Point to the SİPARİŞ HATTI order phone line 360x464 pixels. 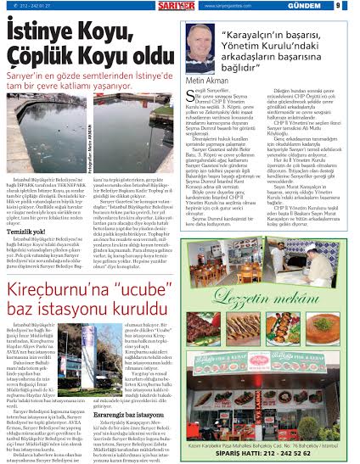tap(277, 452)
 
